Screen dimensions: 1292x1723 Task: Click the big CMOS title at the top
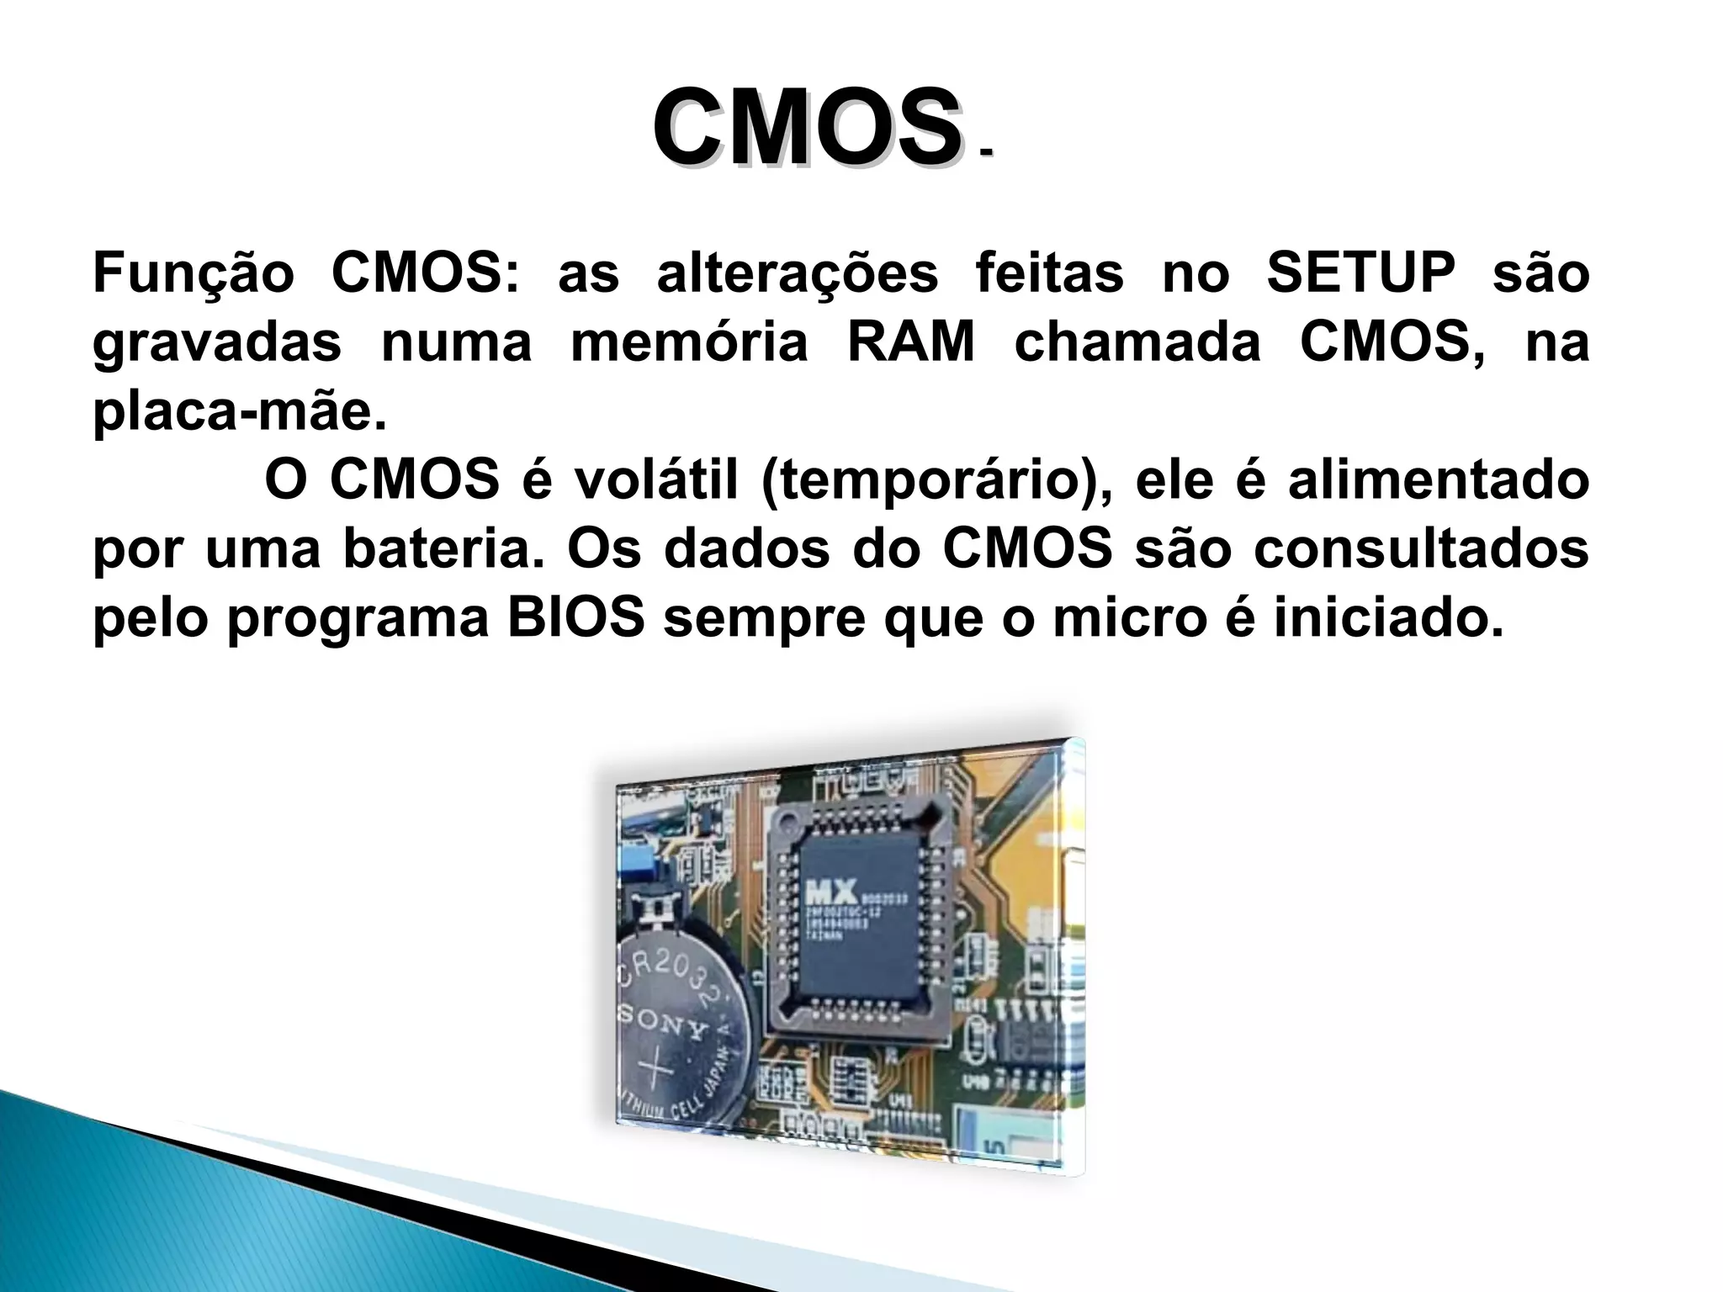(x=806, y=129)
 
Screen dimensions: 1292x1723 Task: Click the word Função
(x=193, y=273)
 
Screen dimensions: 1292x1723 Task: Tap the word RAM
(x=910, y=342)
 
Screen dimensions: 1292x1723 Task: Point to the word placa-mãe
(x=239, y=412)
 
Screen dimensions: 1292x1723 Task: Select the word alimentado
(x=1438, y=480)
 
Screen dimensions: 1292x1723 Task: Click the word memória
(x=689, y=342)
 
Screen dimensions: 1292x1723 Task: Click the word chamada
(x=1137, y=342)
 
